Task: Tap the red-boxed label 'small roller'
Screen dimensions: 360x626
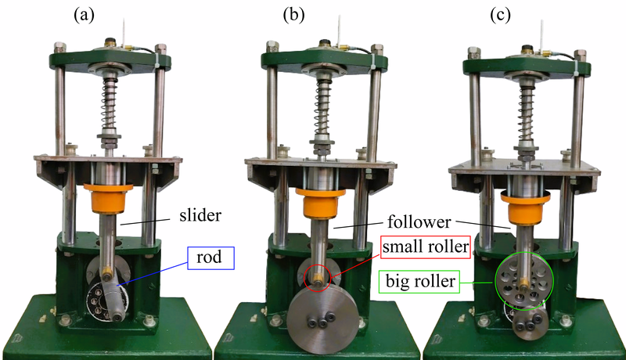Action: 426,247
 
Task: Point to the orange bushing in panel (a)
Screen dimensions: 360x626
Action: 107,199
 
